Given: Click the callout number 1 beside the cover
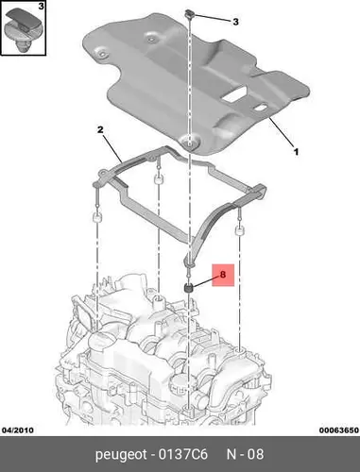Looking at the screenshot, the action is click(x=296, y=152).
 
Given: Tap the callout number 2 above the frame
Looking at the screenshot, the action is click(x=100, y=129).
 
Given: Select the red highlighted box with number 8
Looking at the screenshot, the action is click(x=223, y=275).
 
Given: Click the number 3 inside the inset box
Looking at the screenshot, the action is click(x=41, y=6).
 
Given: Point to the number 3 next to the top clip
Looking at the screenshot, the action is click(x=235, y=22).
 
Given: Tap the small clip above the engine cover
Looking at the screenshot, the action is click(x=189, y=13).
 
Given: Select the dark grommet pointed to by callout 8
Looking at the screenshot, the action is click(x=188, y=287).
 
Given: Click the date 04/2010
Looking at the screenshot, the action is click(x=18, y=430).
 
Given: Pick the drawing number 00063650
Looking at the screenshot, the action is click(x=338, y=430).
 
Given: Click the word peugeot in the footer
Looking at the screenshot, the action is click(x=121, y=455).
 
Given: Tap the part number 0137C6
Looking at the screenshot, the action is click(x=183, y=454).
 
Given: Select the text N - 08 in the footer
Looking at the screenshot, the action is click(x=245, y=454).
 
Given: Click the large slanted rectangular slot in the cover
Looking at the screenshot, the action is click(x=235, y=94).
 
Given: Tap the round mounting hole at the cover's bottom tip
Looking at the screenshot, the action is click(x=189, y=143).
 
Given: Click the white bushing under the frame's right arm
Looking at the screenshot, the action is click(x=240, y=230).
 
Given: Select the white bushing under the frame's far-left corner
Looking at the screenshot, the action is click(x=96, y=217).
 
